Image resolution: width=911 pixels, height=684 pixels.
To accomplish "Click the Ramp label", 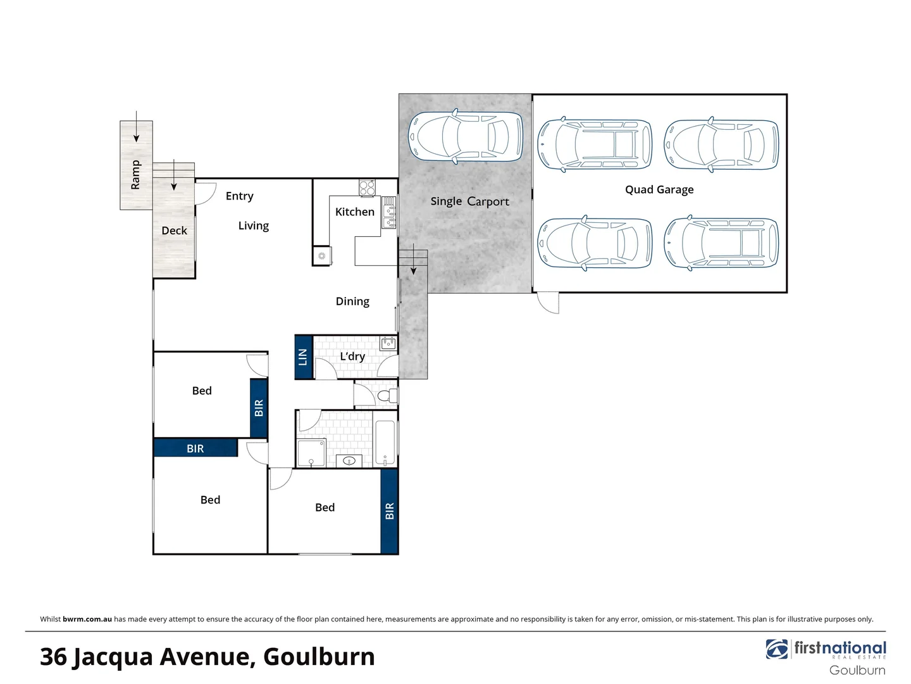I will (135, 175).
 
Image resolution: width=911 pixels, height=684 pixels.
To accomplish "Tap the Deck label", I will (174, 231).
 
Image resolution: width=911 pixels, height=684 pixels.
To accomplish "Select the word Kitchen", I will (354, 212).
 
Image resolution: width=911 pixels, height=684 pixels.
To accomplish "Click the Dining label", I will (352, 301).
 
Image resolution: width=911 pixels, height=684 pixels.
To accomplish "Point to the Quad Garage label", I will (659, 189).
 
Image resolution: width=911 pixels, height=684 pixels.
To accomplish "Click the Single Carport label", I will (469, 201).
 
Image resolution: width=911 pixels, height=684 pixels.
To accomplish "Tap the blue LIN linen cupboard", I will (304, 357).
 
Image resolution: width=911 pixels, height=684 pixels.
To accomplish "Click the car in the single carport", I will (466, 136).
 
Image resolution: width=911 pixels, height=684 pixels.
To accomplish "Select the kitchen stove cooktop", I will (367, 187).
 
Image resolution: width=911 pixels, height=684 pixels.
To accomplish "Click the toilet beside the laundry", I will (387, 396).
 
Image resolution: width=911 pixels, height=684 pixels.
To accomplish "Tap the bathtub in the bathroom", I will (385, 442).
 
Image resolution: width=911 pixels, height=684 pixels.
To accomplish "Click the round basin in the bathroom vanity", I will (349, 460).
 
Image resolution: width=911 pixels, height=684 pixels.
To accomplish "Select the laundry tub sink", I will (388, 343).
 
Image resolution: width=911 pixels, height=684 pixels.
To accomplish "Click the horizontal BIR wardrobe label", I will (195, 448).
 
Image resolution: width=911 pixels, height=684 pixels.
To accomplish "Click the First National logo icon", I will (777, 649).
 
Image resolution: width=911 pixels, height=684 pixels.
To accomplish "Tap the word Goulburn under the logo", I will (857, 670).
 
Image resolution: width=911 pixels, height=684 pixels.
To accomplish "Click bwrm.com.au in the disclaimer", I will (87, 619).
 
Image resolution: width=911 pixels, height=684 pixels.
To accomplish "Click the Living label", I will (253, 226).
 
